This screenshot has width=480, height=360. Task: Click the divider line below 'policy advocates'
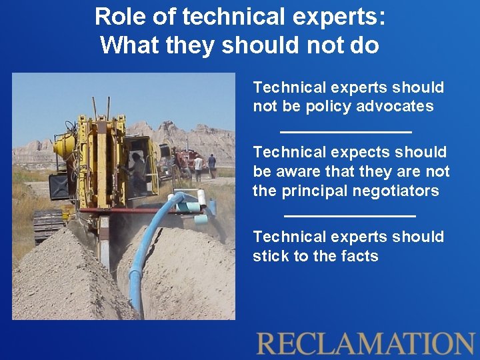click(x=345, y=131)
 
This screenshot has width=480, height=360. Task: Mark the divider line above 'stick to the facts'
click(x=349, y=215)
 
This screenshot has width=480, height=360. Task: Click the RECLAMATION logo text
click(x=365, y=343)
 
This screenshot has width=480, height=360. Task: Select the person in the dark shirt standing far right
click(x=212, y=164)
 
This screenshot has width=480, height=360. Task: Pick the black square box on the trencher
click(x=59, y=186)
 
